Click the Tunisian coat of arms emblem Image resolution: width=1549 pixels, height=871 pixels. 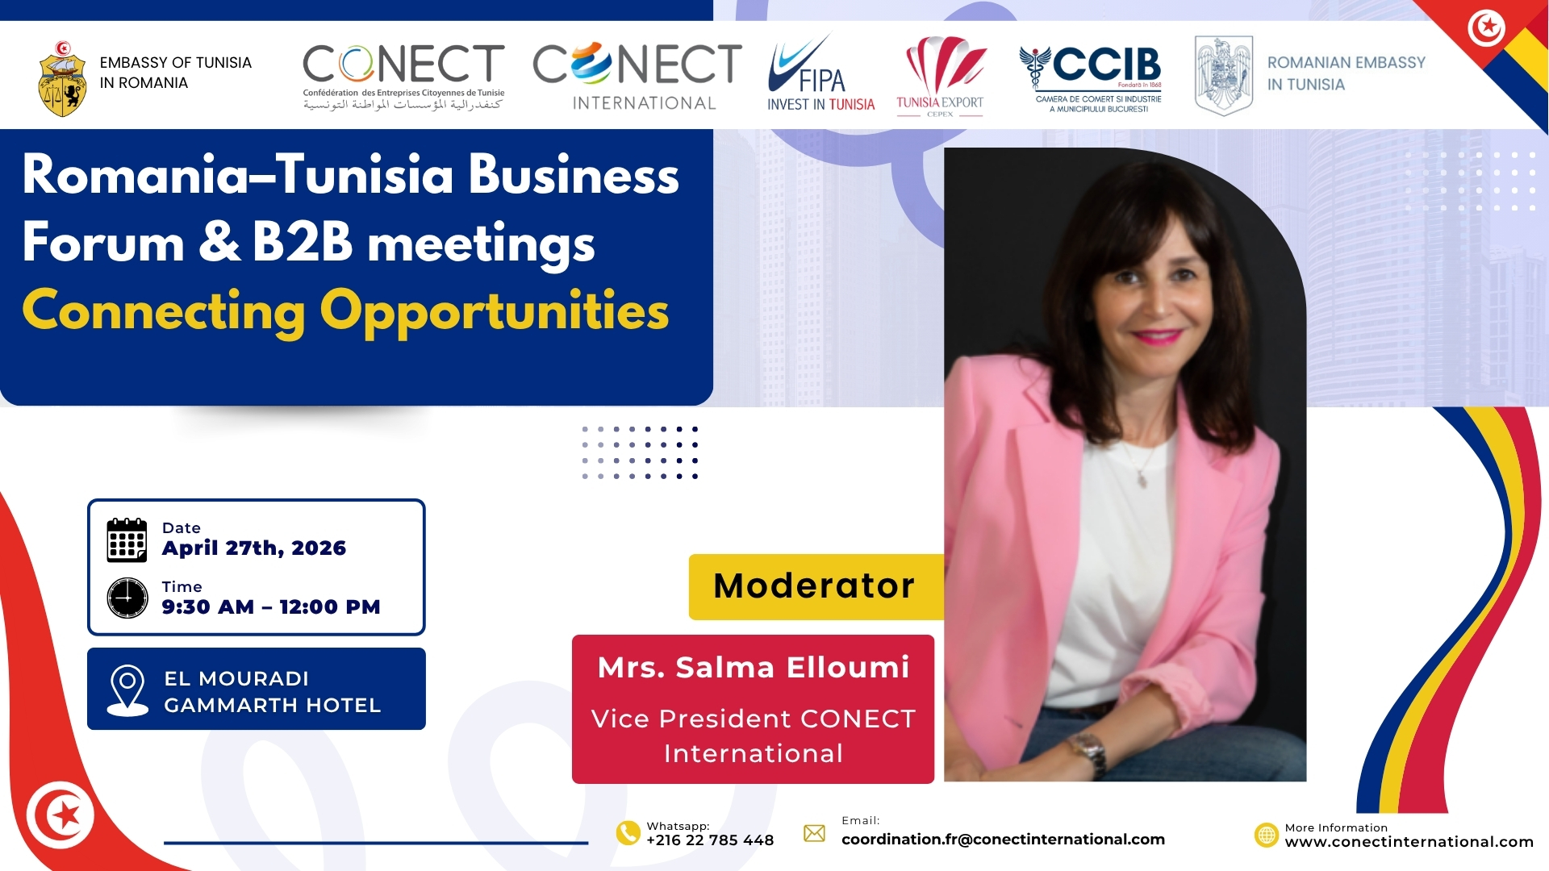(x=62, y=79)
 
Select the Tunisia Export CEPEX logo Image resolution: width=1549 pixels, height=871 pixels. (x=940, y=77)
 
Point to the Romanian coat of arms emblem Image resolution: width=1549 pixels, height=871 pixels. (x=1223, y=76)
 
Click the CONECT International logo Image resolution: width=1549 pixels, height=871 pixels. (x=637, y=77)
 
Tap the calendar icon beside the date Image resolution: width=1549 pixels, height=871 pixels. (x=127, y=540)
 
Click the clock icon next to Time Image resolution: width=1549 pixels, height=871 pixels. (x=127, y=598)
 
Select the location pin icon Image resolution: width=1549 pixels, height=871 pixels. (x=127, y=690)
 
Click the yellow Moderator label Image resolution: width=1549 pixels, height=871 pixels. (x=816, y=586)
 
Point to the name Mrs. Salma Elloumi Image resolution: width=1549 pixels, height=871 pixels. (x=754, y=667)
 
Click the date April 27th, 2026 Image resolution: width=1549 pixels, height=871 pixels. (x=254, y=548)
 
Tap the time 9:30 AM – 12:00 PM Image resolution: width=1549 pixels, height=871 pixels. (x=271, y=606)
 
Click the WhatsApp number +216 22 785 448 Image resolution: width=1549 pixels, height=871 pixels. (x=710, y=840)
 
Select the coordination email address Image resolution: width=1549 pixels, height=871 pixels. (x=1003, y=840)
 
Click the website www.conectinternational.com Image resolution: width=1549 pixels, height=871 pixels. (x=1409, y=842)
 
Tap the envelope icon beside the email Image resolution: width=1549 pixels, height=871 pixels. (x=815, y=833)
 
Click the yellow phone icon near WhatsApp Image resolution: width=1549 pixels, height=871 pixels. (x=628, y=833)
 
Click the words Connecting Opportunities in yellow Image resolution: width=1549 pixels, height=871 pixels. (x=345, y=311)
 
